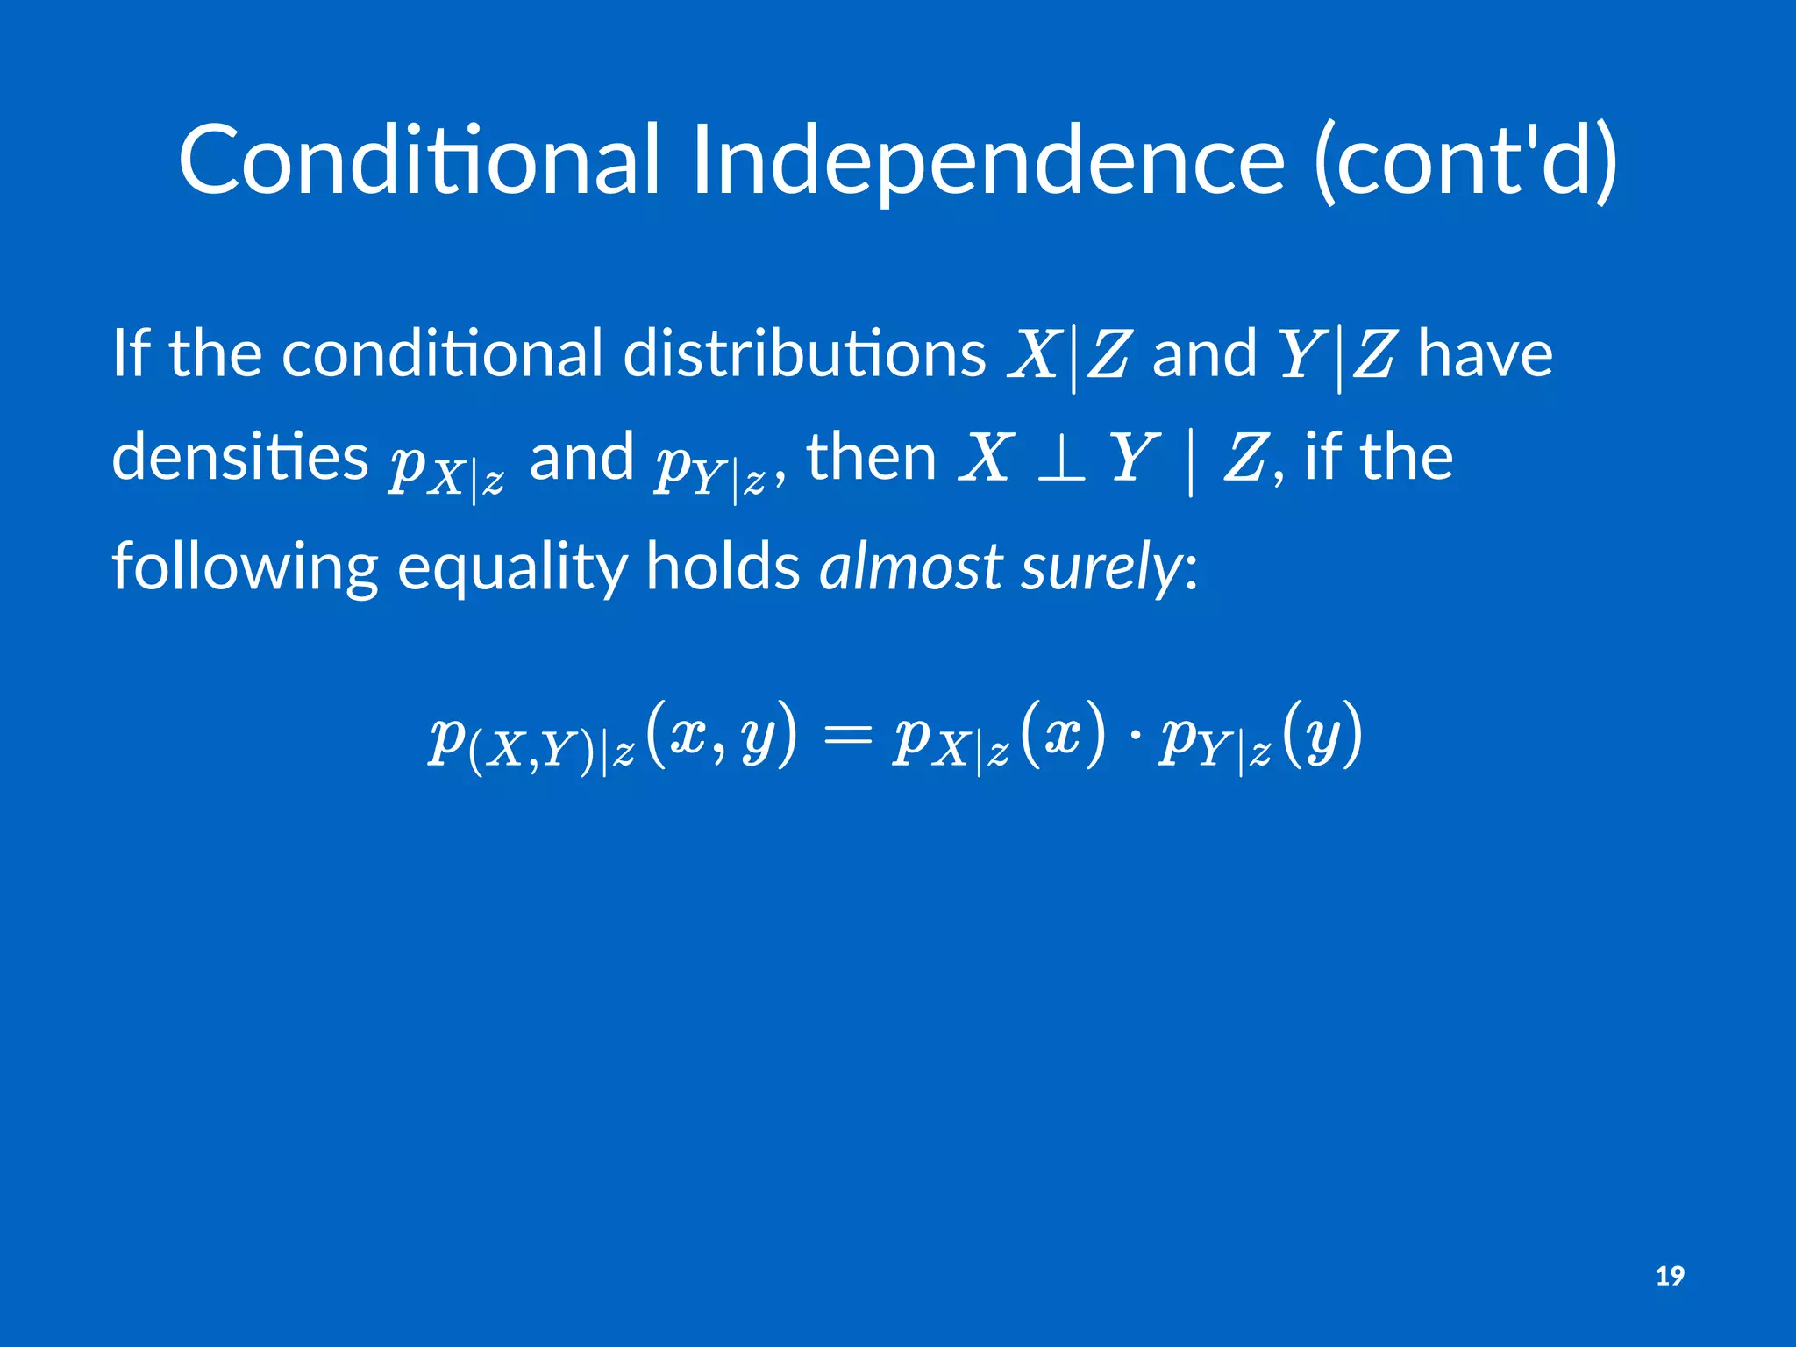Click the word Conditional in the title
418,160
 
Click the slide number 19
1670,1276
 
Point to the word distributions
804,353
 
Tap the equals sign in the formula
846,735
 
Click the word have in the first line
1485,353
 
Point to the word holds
722,567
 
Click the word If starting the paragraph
132,353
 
